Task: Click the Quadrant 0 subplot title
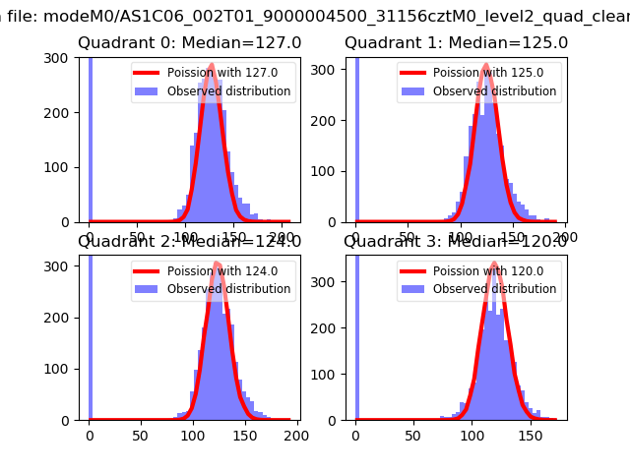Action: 190,43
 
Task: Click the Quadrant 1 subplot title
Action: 456,43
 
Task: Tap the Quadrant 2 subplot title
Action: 190,241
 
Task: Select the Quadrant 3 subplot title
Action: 456,241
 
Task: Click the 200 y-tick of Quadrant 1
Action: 333,121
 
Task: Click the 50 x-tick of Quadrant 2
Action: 141,434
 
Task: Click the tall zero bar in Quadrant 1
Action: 356,138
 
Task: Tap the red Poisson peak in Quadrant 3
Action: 492,264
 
